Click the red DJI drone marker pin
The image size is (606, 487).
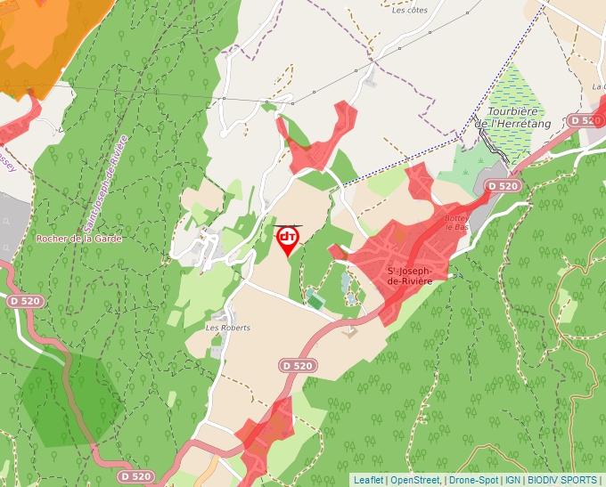click(288, 239)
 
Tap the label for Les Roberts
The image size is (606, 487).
click(228, 328)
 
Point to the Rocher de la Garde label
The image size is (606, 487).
click(78, 239)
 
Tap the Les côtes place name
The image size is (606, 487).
click(410, 11)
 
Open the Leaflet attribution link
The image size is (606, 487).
click(368, 480)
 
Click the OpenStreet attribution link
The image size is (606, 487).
click(415, 480)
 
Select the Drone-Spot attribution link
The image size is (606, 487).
click(473, 480)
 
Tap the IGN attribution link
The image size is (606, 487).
click(513, 480)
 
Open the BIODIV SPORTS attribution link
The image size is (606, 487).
click(563, 480)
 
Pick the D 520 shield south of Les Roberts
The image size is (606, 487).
click(298, 365)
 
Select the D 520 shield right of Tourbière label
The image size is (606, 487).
click(585, 120)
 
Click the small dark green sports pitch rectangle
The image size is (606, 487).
click(315, 302)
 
